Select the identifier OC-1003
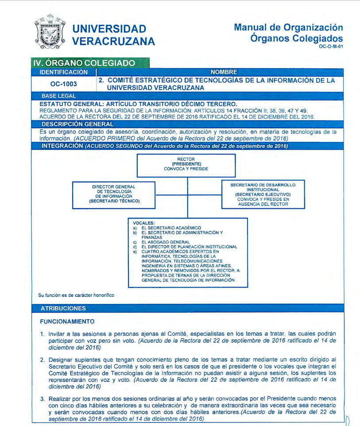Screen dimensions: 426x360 point(63,84)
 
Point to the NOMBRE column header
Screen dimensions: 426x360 point(224,72)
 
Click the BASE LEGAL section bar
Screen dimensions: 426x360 point(58,96)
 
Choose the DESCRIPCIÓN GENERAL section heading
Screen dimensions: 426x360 point(77,124)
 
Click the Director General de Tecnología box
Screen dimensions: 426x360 point(114,194)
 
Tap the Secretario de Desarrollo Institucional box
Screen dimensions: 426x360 point(263,194)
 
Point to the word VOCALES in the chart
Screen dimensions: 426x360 point(143,223)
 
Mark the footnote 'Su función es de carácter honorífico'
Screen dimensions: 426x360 point(76,295)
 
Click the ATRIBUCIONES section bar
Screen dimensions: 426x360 point(63,308)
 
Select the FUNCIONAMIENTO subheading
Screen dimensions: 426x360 point(67,322)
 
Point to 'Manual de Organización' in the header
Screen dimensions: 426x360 point(288,27)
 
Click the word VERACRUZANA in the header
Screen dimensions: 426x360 point(113,41)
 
